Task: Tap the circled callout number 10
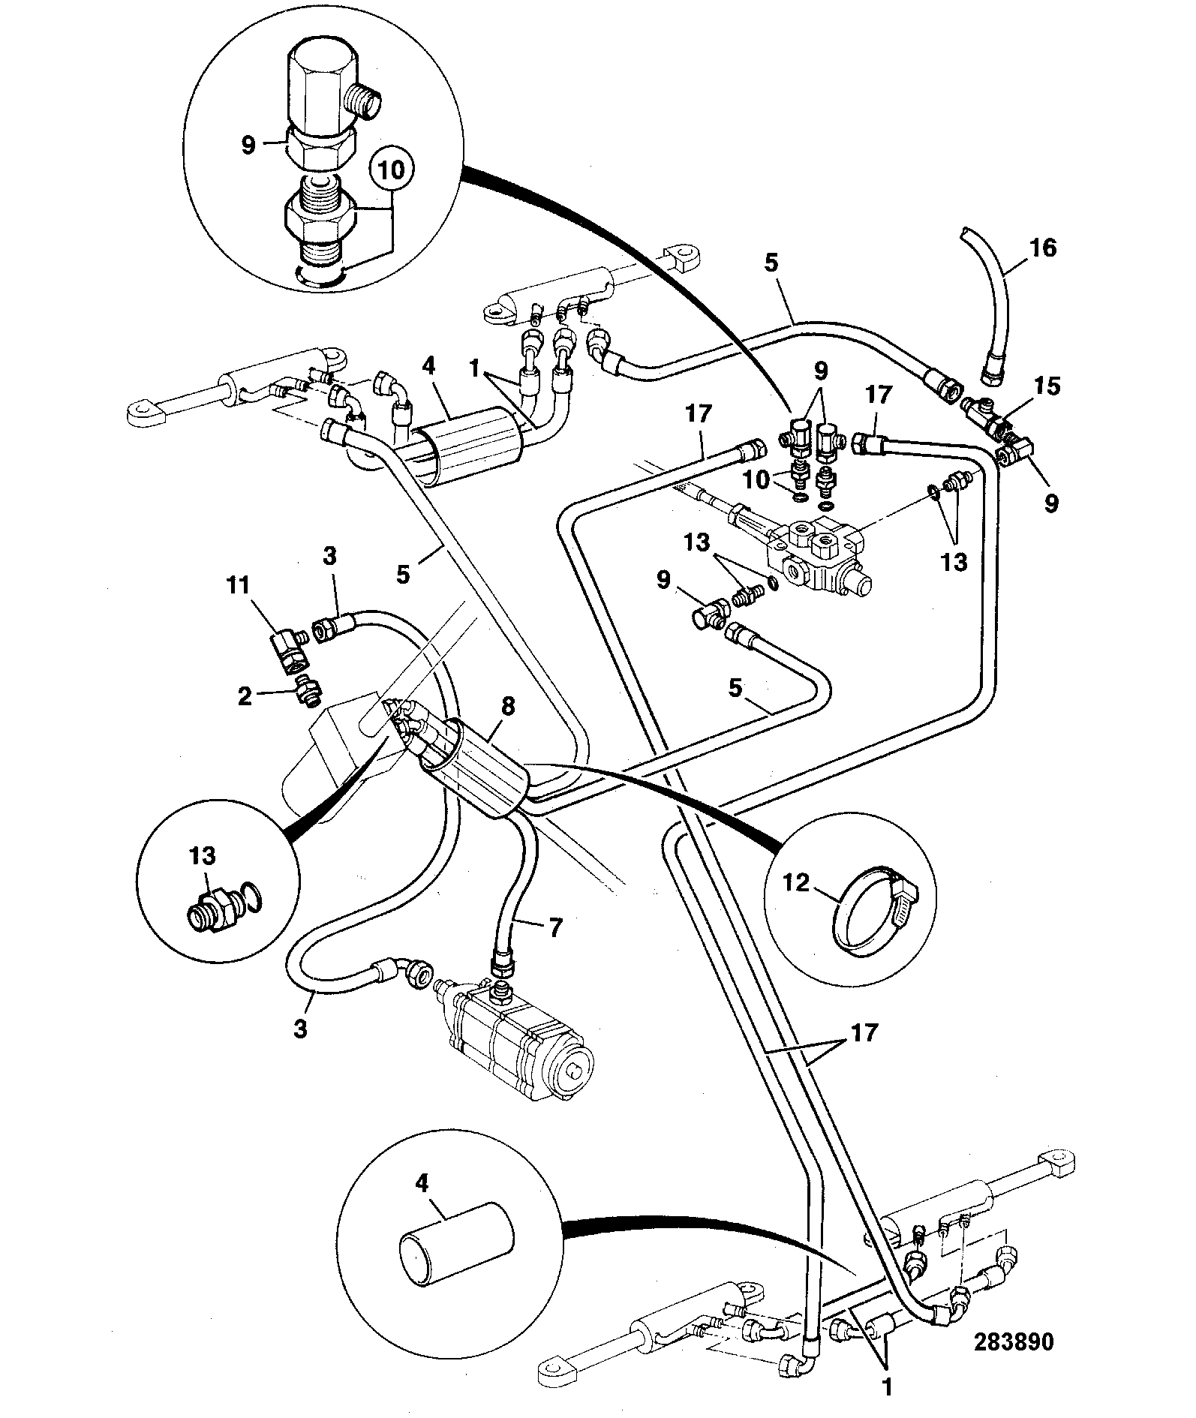point(392,170)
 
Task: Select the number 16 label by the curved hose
point(1043,247)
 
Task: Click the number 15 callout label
point(1048,386)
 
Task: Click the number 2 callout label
point(245,696)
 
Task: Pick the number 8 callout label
point(508,706)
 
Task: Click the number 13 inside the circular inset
point(202,856)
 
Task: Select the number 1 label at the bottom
point(887,1388)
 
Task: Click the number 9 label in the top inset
point(248,144)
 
